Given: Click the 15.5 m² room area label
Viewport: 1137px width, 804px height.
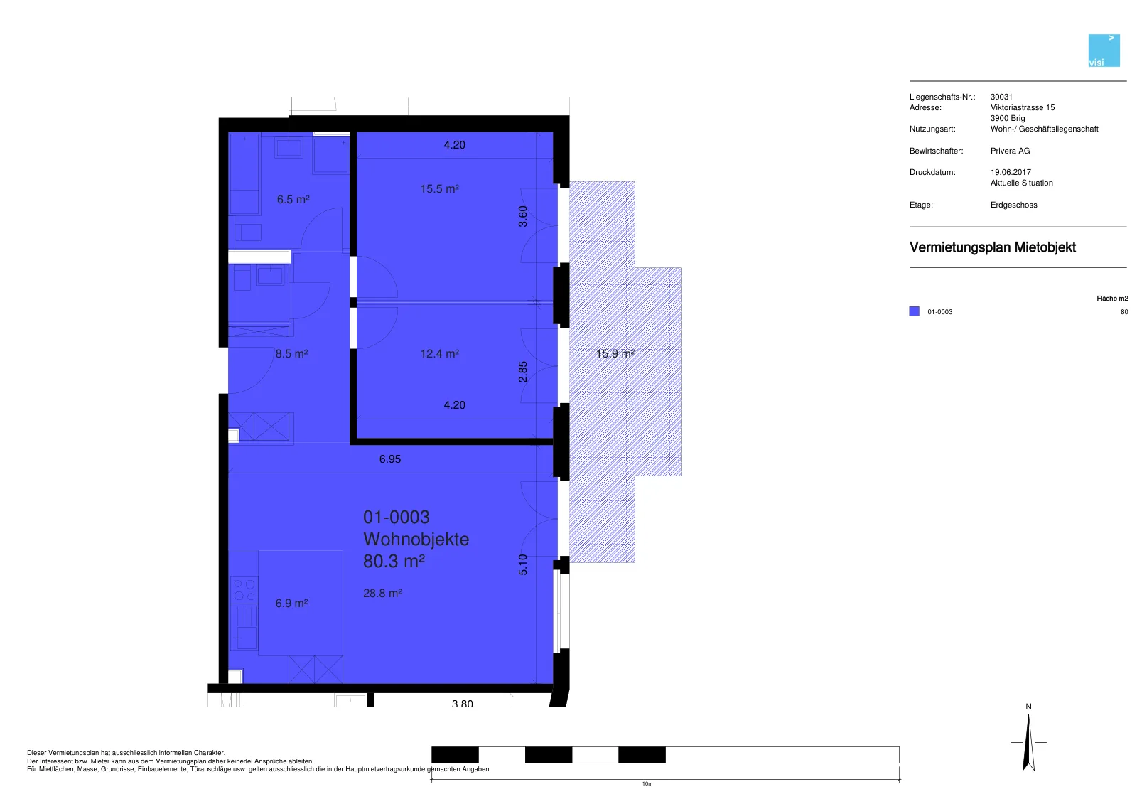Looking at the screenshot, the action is coord(440,189).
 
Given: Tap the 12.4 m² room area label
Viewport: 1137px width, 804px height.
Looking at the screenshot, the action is coord(440,353).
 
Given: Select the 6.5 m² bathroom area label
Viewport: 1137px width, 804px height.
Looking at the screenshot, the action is coord(293,200).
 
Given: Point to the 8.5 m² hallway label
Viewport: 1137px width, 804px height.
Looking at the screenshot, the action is coord(291,353).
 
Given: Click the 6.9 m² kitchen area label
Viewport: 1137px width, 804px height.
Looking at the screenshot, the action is coord(291,604).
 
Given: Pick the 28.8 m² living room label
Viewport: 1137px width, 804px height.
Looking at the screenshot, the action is coord(383,593).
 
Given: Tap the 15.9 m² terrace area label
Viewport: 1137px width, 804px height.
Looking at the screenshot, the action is coord(615,353).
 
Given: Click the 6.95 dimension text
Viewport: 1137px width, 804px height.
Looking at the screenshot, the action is coord(390,459).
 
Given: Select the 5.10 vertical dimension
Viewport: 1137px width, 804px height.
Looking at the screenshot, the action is coord(523,564).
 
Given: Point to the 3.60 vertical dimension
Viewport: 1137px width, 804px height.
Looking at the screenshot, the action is coord(523,216).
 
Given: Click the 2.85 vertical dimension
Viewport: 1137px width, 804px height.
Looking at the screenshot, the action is coord(523,372).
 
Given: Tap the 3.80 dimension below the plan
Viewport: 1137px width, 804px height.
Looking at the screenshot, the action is coord(463,704).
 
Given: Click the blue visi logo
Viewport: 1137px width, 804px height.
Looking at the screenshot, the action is coord(1104,50).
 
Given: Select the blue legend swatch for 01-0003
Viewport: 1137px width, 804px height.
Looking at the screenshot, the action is coord(914,312).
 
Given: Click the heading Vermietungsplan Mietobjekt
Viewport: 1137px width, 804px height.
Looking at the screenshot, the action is coord(992,247).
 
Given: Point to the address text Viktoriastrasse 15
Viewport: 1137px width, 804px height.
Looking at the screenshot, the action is coord(1023,107).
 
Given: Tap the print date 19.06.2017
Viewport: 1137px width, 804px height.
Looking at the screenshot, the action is coord(1011,172).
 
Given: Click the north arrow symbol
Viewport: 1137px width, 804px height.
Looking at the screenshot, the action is coord(1029,743).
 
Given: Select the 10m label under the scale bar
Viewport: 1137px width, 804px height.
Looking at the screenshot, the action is coord(647,783).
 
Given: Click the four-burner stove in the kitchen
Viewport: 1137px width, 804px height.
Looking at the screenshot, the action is coord(244,589).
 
